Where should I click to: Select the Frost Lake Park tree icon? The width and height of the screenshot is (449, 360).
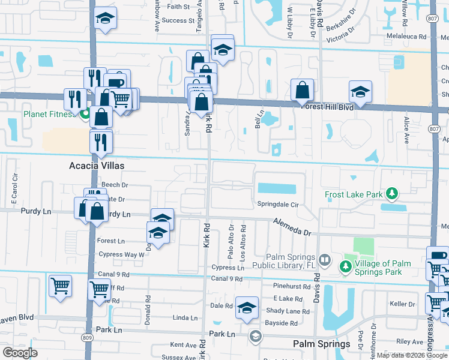click(x=392, y=193)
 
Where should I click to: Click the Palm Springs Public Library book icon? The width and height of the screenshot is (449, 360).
click(x=325, y=260)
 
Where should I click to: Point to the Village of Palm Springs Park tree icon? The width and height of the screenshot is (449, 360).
click(x=346, y=265)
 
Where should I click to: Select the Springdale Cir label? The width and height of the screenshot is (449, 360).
click(x=278, y=204)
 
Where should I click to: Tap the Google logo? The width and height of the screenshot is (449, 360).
click(x=20, y=353)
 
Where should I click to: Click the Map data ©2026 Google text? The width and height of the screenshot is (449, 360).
click(x=411, y=355)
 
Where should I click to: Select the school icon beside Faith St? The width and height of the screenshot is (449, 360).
click(x=105, y=19)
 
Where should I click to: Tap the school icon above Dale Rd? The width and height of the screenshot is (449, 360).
click(x=246, y=308)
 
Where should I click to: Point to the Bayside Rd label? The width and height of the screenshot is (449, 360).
click(x=282, y=323)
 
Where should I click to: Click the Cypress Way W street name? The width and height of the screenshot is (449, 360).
click(x=121, y=254)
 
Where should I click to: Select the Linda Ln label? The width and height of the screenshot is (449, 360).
click(x=185, y=318)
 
